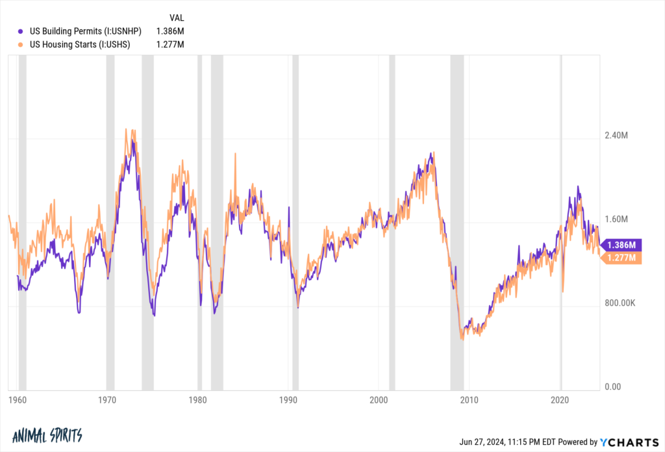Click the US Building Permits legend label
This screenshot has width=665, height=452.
pos(86,31)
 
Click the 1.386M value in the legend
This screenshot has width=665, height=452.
pos(171,31)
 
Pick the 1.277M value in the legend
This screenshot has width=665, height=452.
pos(171,44)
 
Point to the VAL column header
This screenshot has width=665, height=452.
pos(176,17)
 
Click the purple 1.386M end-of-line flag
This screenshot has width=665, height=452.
pos(622,245)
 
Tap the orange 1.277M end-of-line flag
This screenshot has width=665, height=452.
pos(622,258)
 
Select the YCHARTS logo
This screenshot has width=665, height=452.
pos(629,442)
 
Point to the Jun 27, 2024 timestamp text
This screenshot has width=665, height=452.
pos(512,442)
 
